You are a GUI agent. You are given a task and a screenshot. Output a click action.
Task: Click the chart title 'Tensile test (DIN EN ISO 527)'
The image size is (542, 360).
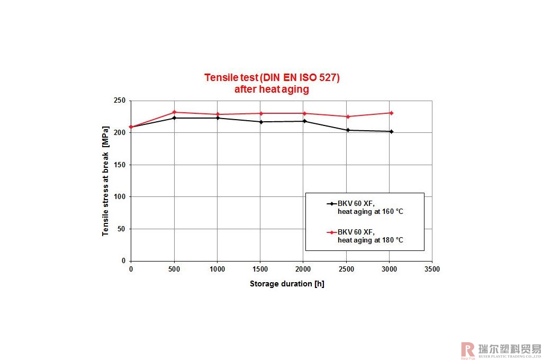[x=272, y=78]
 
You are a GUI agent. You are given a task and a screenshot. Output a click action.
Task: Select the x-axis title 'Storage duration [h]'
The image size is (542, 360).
[x=287, y=284]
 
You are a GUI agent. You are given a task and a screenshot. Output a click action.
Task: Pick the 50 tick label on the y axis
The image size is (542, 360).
[x=121, y=229]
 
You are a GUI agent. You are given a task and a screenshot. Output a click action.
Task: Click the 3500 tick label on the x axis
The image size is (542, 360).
[x=432, y=269]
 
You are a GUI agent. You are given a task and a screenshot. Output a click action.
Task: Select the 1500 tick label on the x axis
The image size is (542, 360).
[x=260, y=269]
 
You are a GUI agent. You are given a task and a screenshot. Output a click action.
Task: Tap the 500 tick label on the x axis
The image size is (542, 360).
[x=174, y=269]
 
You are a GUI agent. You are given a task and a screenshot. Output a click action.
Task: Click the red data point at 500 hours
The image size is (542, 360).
[x=174, y=112]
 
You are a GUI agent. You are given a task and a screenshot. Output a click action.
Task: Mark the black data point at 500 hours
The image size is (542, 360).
[x=174, y=118]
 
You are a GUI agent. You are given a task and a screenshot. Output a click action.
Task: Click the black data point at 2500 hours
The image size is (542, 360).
[x=348, y=130]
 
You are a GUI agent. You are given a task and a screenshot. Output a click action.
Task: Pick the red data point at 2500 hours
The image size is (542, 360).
[x=348, y=116]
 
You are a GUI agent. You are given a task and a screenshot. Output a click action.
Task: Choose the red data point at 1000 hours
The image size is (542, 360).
[x=218, y=114]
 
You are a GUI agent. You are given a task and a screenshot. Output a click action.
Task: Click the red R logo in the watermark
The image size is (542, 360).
[x=468, y=349]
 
